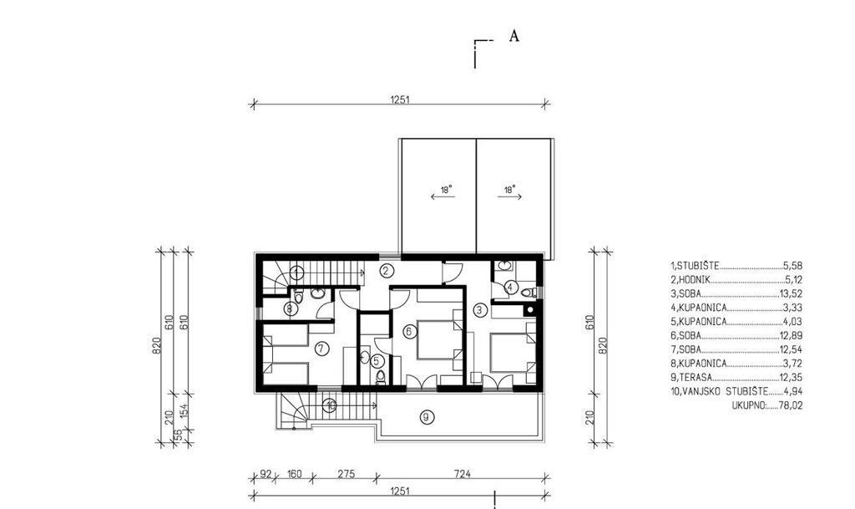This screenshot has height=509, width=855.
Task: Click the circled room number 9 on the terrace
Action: [426, 418]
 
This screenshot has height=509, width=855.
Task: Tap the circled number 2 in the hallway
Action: [387, 270]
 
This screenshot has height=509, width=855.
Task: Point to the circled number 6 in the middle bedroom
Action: [409, 331]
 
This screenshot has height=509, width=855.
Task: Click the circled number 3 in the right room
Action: [479, 310]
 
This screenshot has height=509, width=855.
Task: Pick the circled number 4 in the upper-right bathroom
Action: [510, 287]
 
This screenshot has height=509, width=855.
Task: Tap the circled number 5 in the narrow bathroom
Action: [376, 360]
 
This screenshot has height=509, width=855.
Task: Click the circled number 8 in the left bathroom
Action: [289, 309]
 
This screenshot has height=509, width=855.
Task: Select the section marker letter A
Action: [514, 36]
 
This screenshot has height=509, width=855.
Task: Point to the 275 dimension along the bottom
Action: [346, 474]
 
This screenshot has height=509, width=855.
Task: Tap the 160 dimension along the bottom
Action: [294, 474]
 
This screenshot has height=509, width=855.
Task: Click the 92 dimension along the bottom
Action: [266, 474]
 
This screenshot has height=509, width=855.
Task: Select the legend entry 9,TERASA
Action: [691, 378]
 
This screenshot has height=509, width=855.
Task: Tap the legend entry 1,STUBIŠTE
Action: [695, 267]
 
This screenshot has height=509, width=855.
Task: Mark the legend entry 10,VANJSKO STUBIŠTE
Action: [719, 391]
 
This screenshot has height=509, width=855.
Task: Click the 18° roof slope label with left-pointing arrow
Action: [444, 192]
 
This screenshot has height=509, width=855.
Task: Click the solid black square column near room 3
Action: [529, 310]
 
